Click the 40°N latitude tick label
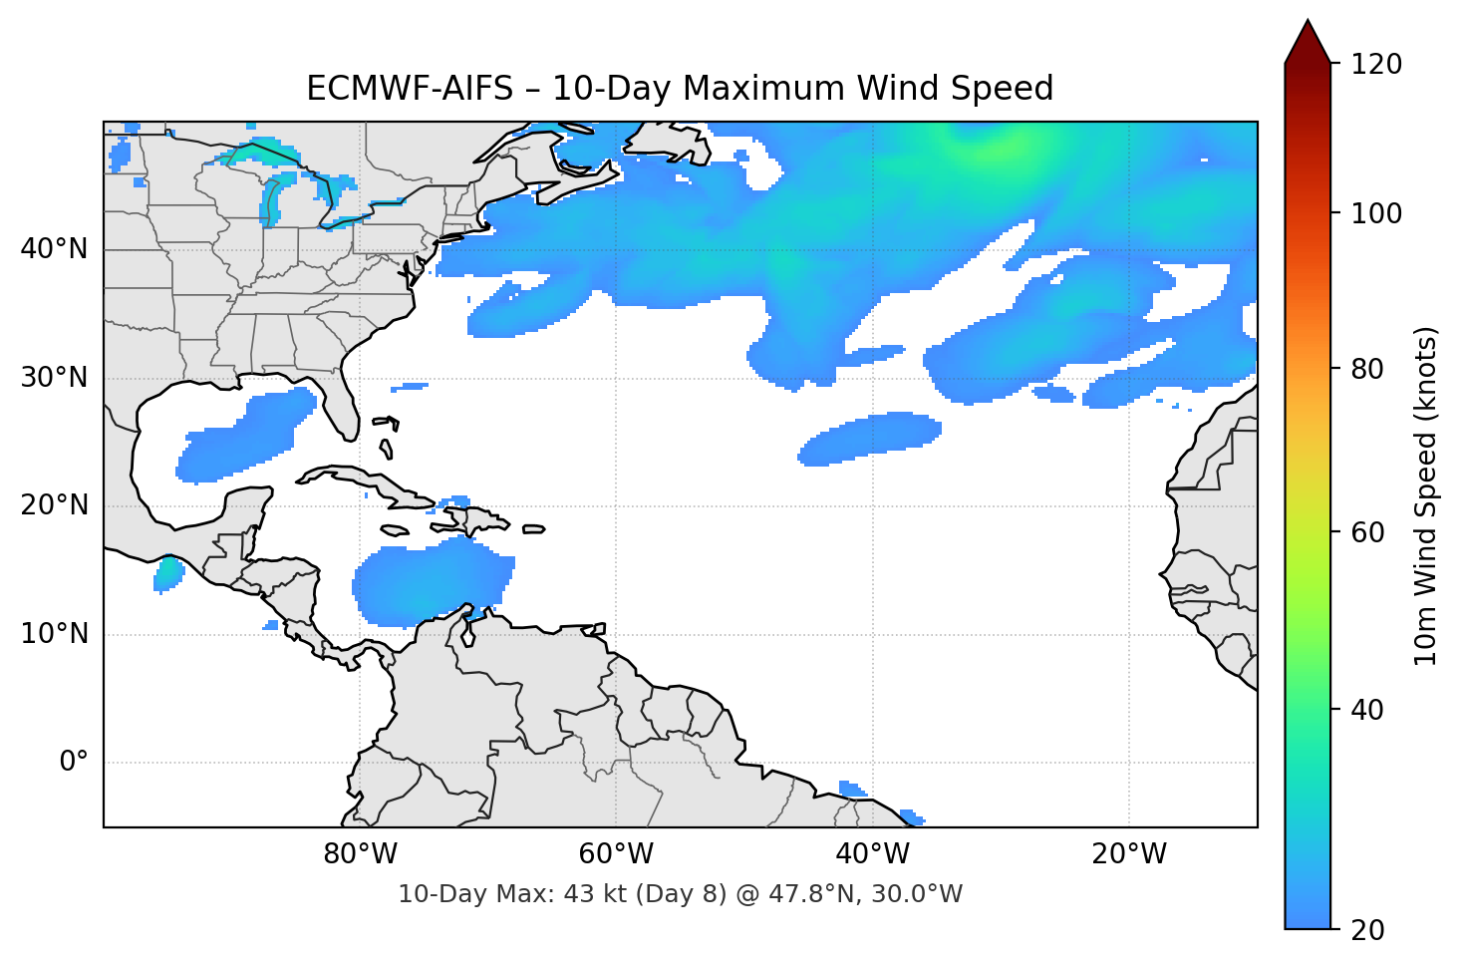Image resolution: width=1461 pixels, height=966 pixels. coord(54,248)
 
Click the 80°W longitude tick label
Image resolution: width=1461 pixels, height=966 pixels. coord(360,854)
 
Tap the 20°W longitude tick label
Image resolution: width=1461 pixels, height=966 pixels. coord(1129,854)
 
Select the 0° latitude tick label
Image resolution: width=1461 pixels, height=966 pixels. coord(73,763)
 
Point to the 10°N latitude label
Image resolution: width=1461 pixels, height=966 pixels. coord(54,634)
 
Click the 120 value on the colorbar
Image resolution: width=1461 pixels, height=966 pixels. coord(1375,65)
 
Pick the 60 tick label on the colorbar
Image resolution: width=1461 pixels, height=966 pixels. coord(1367,532)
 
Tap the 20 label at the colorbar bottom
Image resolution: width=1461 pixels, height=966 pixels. coord(1367,930)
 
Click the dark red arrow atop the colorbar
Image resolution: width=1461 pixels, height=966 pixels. coord(1308,42)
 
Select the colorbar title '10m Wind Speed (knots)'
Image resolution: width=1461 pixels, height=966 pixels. coord(1426,495)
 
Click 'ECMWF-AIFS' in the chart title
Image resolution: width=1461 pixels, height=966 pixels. coord(409,89)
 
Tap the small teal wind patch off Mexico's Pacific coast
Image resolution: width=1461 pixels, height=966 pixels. coord(168,574)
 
